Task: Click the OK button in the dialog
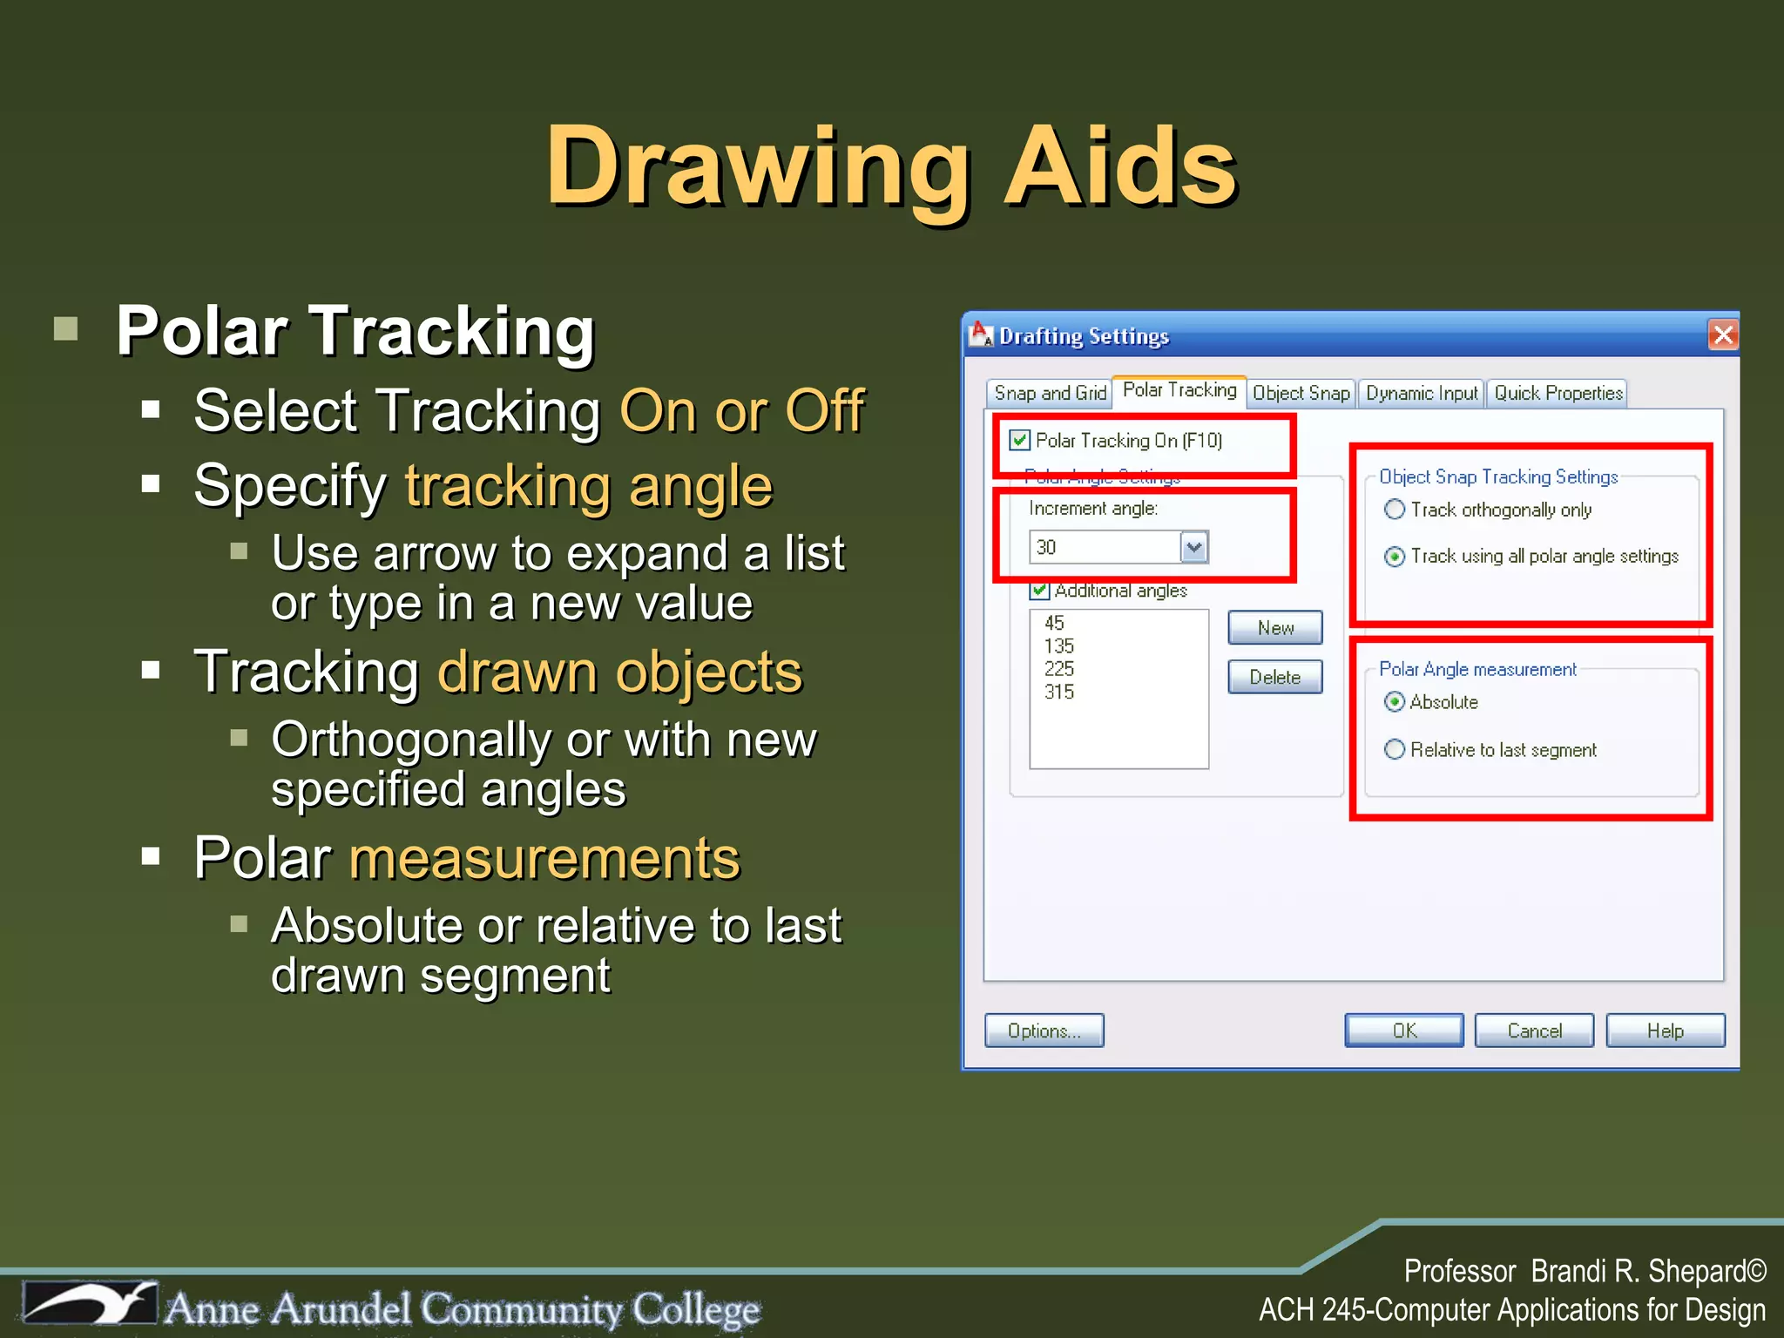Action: (1403, 1031)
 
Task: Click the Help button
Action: (1665, 1031)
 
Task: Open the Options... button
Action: (1044, 1031)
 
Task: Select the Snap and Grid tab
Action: (1050, 393)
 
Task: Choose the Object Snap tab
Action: (1301, 393)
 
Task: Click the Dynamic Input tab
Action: (1422, 393)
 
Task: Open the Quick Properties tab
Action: (1558, 393)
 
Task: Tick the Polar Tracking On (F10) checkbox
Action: (1020, 440)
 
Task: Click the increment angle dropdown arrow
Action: (1194, 547)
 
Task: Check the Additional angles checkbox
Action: (1039, 591)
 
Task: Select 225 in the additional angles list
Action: (1059, 669)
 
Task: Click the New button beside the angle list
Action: (1274, 628)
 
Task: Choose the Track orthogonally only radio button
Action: (1395, 510)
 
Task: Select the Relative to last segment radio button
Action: (1395, 749)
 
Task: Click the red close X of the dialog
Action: (1723, 335)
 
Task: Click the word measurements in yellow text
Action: (544, 858)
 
